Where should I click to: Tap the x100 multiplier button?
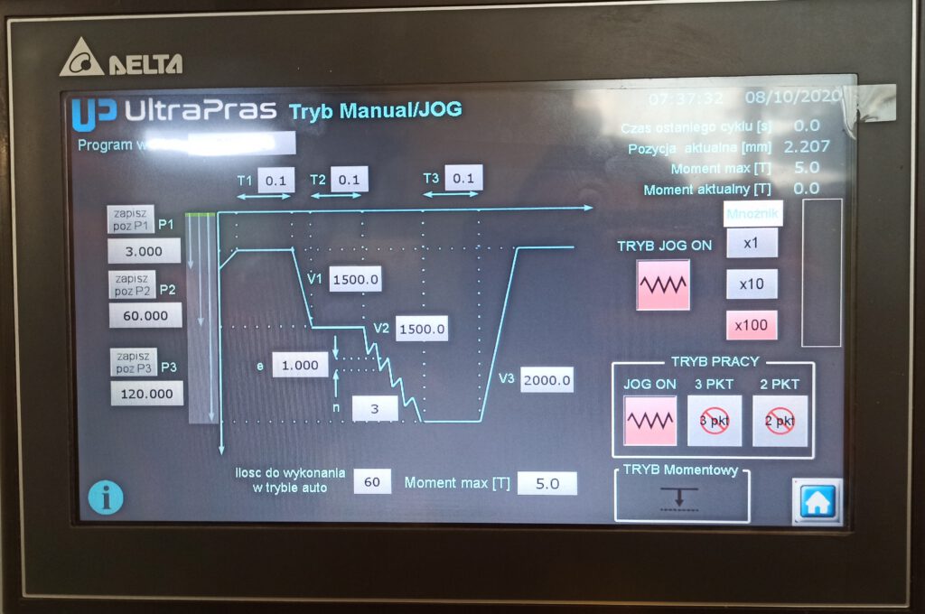point(752,325)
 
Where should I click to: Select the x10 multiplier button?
point(752,284)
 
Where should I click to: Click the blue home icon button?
point(818,501)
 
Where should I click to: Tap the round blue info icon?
point(106,497)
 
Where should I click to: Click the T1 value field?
point(276,180)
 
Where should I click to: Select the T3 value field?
point(463,178)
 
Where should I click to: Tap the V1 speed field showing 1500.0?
point(355,280)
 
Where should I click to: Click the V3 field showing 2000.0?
point(547,381)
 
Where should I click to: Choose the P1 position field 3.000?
point(144,251)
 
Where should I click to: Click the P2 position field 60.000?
point(145,316)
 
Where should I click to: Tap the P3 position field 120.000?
point(146,394)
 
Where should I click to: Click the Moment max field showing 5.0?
point(547,483)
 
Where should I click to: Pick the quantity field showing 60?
point(372,482)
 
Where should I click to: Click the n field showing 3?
point(375,409)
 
